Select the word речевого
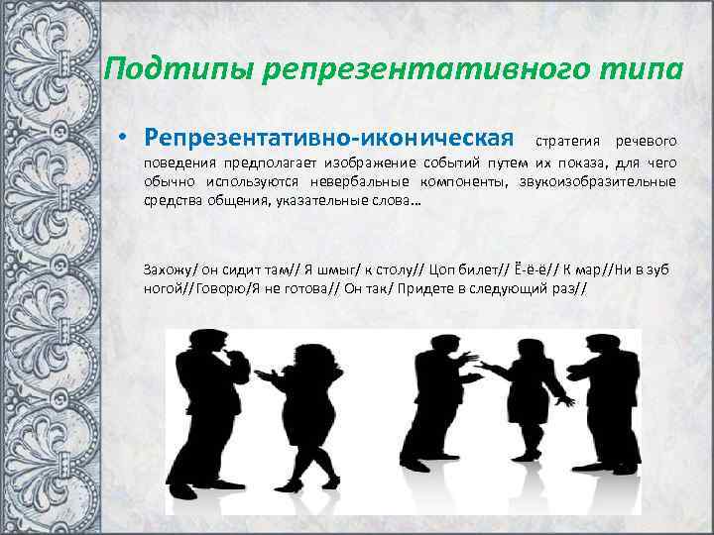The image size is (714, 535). coord(646,136)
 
